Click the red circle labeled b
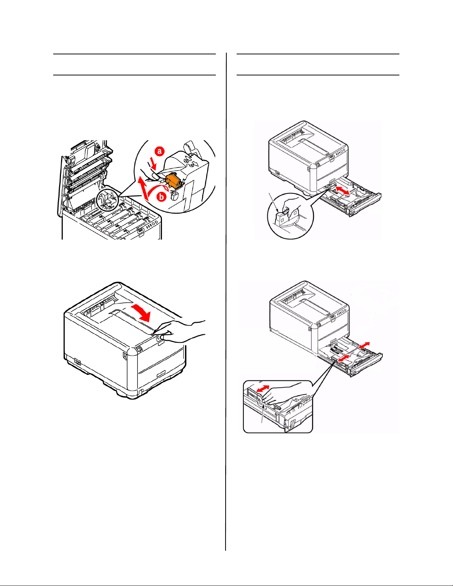161,197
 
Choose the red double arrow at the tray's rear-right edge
364,345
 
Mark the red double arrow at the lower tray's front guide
344,358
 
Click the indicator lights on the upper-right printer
340,152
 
